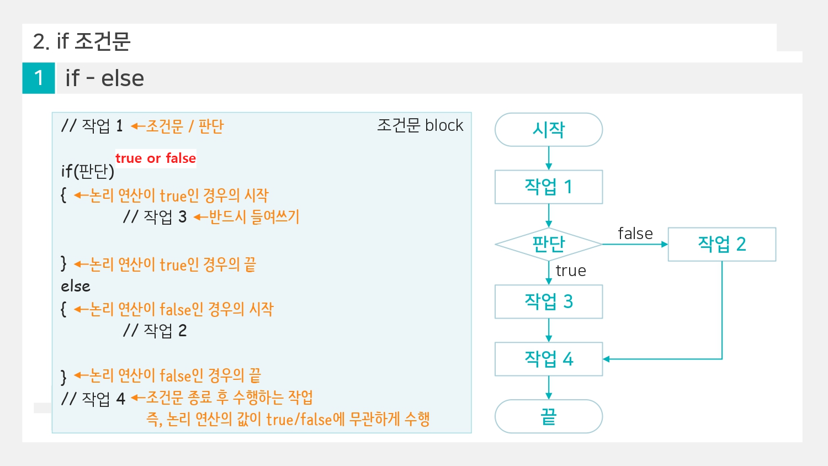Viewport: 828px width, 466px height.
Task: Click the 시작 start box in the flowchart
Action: click(x=548, y=130)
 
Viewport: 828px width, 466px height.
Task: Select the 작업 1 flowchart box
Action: click(x=548, y=187)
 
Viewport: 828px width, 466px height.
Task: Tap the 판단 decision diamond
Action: click(x=548, y=243)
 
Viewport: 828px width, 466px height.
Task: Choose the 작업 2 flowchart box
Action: click(x=721, y=244)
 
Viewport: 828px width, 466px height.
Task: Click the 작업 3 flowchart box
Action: click(x=548, y=301)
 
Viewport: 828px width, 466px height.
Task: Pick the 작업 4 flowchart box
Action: click(x=548, y=359)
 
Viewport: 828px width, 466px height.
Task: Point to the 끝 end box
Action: click(x=548, y=416)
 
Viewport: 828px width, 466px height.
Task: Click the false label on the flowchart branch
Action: click(x=635, y=234)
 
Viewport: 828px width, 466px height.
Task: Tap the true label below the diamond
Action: click(x=571, y=271)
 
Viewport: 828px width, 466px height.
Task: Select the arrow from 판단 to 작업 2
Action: click(x=635, y=244)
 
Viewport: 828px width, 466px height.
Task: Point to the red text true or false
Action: click(x=156, y=158)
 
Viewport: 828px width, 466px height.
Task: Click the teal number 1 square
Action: click(x=39, y=78)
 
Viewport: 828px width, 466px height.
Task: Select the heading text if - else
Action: click(x=104, y=78)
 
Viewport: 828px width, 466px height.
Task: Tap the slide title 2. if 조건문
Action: click(x=82, y=41)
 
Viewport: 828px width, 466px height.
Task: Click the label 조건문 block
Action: click(x=420, y=125)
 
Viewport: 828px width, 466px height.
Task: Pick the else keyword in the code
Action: click(x=76, y=286)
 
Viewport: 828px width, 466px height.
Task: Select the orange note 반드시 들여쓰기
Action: click(x=254, y=216)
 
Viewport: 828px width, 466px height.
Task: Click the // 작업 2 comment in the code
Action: click(x=155, y=330)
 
